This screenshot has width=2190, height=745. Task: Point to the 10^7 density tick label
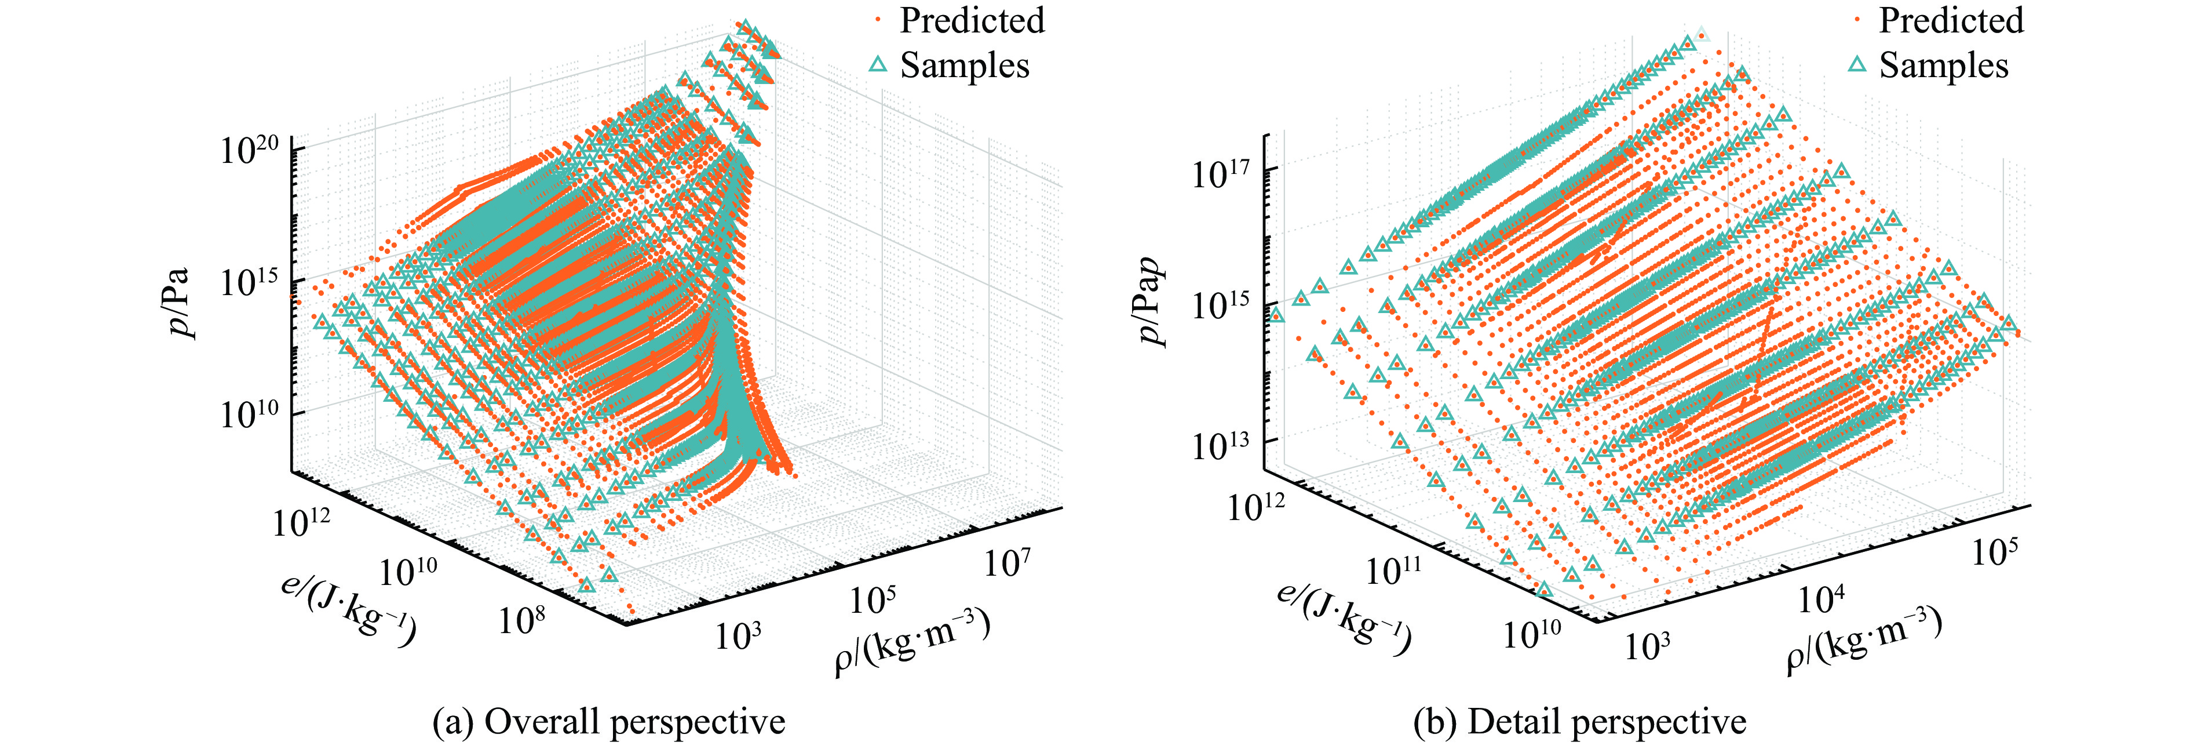(x=1008, y=562)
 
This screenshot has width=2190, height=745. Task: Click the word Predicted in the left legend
(x=972, y=20)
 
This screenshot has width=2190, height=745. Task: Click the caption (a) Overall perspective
(x=609, y=721)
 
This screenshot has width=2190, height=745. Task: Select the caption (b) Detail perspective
(x=1579, y=721)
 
